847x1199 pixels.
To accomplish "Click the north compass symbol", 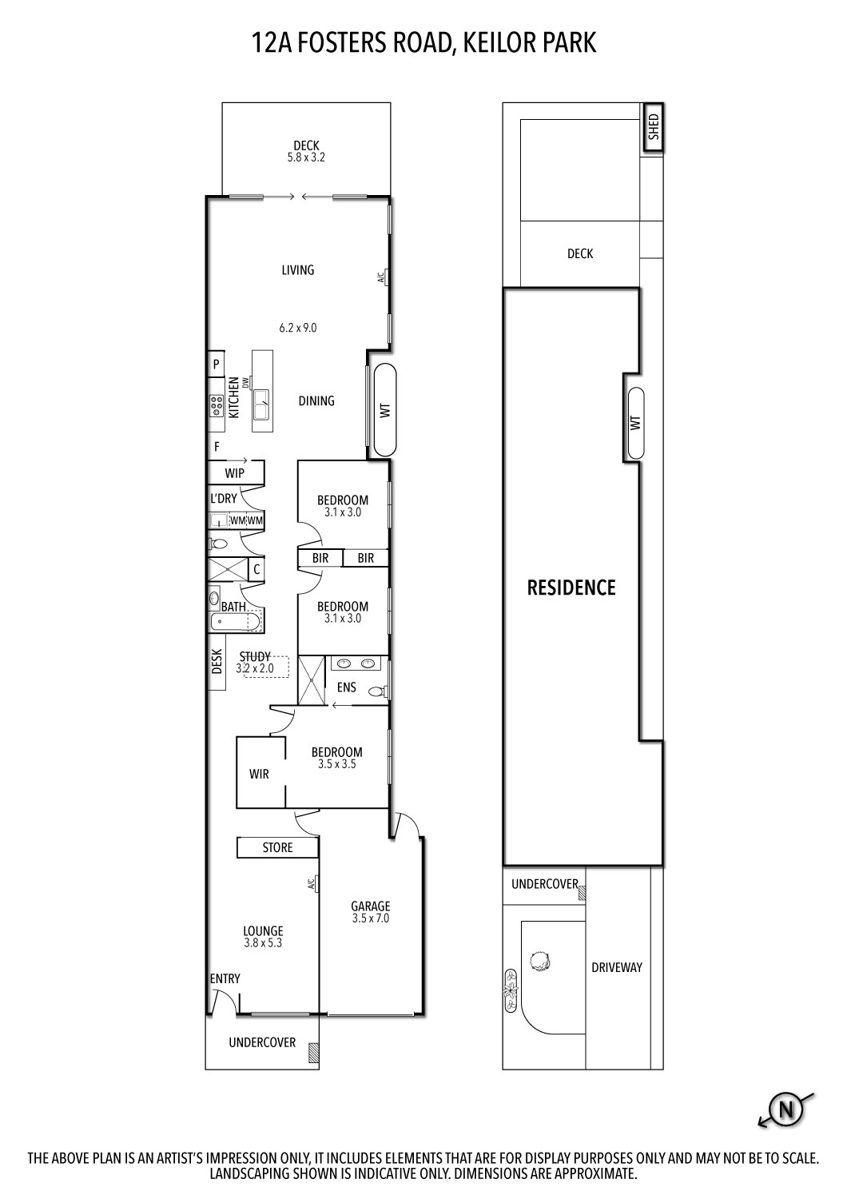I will click(x=785, y=1109).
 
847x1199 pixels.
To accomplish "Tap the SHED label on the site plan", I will click(x=653, y=127).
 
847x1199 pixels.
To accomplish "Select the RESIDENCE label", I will click(x=571, y=588).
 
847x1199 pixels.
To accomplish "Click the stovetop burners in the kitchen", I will click(x=216, y=405).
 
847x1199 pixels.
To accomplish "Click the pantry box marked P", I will click(x=216, y=364).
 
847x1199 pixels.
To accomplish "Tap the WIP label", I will click(x=234, y=473).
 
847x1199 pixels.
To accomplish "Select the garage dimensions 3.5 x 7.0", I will click(x=371, y=918).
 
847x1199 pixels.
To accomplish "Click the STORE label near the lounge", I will click(x=277, y=847).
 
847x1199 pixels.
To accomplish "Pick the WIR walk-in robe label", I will click(x=259, y=774).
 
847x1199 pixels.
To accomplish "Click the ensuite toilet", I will click(x=378, y=691).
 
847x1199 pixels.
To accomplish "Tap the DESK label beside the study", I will click(x=217, y=661).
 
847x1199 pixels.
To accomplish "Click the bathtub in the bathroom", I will click(x=236, y=622).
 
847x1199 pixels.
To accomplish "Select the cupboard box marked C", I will click(x=256, y=570).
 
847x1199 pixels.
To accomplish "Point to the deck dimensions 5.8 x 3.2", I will click(x=306, y=157).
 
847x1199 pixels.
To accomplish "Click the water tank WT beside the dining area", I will click(x=385, y=411).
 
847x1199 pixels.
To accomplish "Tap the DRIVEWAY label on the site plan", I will click(x=616, y=967).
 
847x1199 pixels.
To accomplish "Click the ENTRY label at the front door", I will click(x=225, y=978).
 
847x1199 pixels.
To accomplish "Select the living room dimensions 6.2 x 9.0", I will click(x=297, y=327).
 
